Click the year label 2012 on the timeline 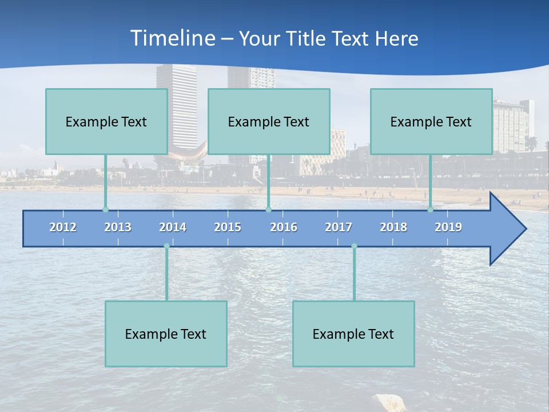(63, 227)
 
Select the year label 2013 (118, 227)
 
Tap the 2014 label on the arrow (173, 227)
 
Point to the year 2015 (228, 227)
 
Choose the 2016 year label (284, 227)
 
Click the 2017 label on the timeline (339, 227)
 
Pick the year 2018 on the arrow (393, 227)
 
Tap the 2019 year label (448, 227)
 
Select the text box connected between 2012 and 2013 (106, 121)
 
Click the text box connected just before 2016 (269, 121)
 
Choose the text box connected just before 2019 (431, 121)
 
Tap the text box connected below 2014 (166, 334)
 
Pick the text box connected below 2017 (353, 334)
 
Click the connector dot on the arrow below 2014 (166, 246)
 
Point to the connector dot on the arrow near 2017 (354, 246)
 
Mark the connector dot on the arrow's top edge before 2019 (430, 209)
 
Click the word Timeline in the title (173, 38)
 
